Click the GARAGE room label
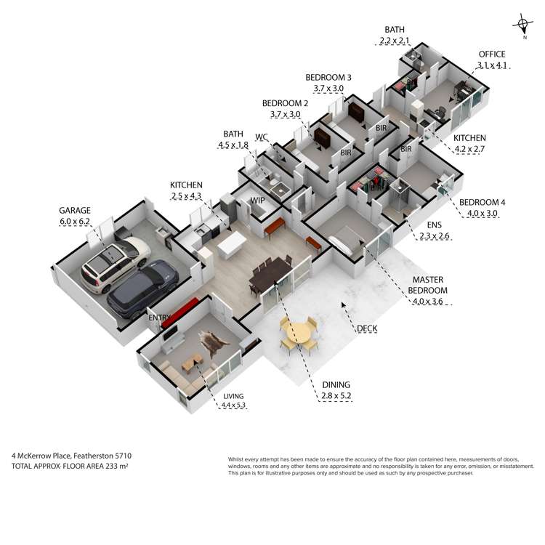point(75,210)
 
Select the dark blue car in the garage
point(143,288)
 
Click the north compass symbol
point(522,25)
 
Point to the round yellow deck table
point(299,334)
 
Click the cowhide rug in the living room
point(213,343)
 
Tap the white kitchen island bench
point(232,244)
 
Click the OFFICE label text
point(492,54)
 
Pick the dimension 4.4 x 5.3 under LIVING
point(233,405)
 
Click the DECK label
point(367,328)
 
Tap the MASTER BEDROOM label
point(427,285)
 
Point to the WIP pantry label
point(257,201)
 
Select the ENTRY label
point(159,318)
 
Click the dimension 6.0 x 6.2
point(75,222)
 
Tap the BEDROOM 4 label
point(482,202)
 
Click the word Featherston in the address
point(93,456)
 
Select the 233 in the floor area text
point(111,466)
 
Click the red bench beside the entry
point(179,312)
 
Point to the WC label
point(262,137)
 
